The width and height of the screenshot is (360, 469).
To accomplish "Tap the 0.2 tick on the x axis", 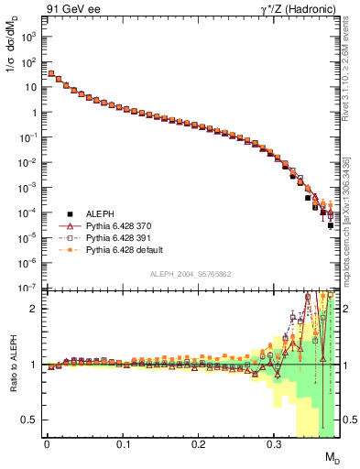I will pyautogui.click(x=198, y=445).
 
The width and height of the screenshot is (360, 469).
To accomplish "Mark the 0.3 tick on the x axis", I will pyautogui.click(x=274, y=445).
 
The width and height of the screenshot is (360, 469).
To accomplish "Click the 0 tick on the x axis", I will pyautogui.click(x=47, y=445).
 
